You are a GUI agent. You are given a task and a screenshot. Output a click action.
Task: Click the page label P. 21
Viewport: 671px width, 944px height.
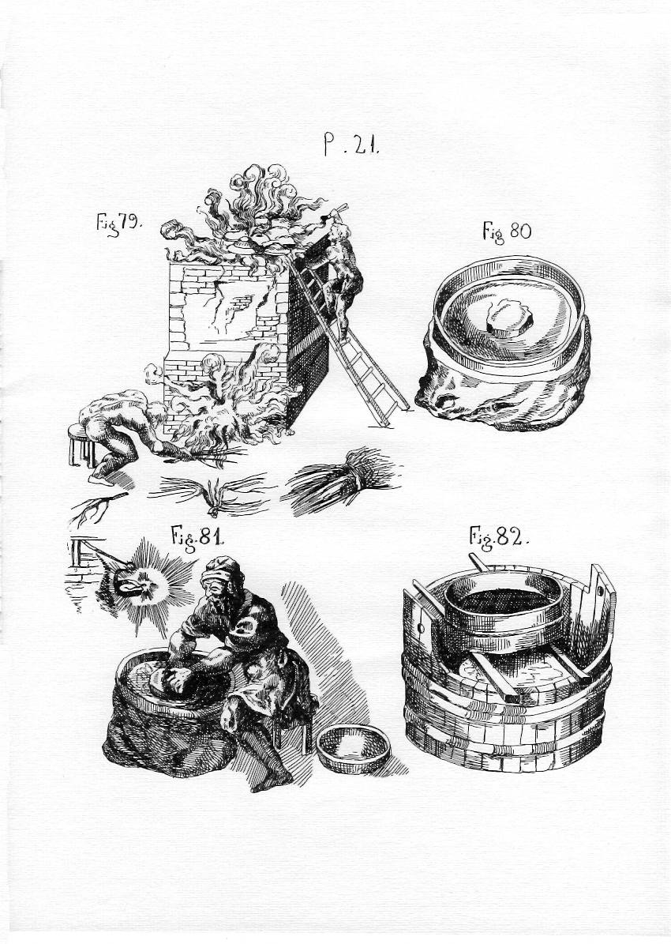[x=351, y=145]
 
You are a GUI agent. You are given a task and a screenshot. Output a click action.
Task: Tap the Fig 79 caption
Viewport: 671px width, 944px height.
[x=119, y=224]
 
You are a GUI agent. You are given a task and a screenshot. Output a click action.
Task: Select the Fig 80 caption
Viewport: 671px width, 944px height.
[x=507, y=231]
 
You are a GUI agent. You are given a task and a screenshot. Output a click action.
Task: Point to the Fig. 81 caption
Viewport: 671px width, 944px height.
[x=197, y=536]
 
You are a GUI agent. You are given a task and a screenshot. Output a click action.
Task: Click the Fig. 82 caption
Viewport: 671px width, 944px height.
[x=498, y=537]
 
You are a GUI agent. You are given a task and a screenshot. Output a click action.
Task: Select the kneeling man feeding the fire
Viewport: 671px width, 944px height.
[x=120, y=429]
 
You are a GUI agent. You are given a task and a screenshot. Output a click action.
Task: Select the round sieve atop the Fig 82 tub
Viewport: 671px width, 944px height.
[x=504, y=603]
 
